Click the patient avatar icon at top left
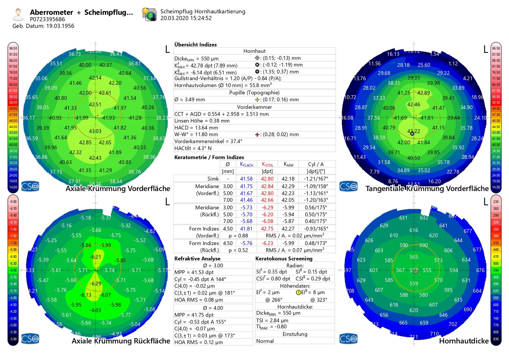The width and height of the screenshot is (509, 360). (18, 14)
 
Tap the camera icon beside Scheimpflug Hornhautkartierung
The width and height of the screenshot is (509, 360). (149, 14)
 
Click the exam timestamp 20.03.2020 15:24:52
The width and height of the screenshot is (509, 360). (186, 18)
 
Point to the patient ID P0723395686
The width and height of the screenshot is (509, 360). (47, 19)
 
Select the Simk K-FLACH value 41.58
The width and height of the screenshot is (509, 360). (246, 179)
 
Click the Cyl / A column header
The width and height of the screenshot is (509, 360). (316, 164)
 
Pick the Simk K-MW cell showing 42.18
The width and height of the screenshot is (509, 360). (288, 179)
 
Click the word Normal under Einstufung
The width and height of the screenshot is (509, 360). (265, 341)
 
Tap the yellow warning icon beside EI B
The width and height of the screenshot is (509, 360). (298, 293)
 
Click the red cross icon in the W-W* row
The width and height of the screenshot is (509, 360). (257, 135)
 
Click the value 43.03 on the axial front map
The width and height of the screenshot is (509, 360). (95, 131)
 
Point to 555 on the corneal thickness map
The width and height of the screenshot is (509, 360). (427, 270)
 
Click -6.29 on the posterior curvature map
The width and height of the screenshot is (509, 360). (95, 284)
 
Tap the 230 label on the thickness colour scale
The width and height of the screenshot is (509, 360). (496, 201)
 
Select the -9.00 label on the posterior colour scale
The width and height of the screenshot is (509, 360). (13, 201)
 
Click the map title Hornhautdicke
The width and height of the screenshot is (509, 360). (464, 341)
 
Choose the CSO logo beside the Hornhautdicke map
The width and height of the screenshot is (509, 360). (348, 339)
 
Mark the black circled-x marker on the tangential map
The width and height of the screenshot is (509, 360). (412, 134)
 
